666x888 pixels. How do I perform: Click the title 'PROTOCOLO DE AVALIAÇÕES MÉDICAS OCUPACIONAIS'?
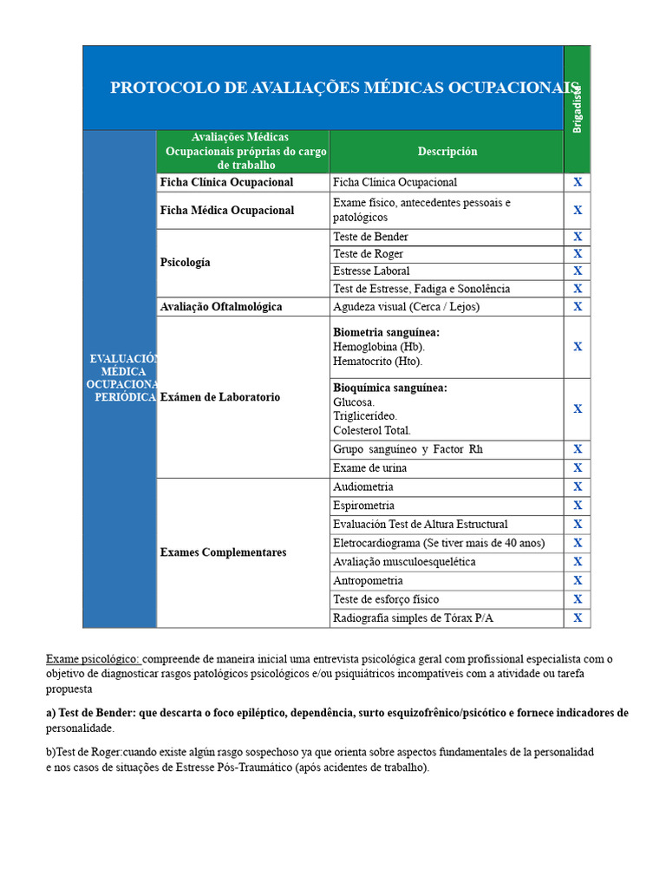[x=344, y=88]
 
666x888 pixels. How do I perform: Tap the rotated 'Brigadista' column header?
[x=577, y=108]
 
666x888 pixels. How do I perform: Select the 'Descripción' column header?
[x=447, y=152]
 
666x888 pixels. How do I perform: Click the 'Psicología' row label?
[x=186, y=263]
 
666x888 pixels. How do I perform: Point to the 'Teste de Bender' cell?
[x=370, y=237]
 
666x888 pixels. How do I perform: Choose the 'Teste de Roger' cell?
[x=368, y=254]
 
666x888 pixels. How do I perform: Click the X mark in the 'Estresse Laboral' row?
[x=578, y=271]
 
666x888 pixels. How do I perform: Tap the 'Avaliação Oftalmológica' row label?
[x=221, y=307]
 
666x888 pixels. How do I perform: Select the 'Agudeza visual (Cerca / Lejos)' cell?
[x=406, y=307]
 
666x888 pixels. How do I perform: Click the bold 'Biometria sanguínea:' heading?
[x=386, y=332]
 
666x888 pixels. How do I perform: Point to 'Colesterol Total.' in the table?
[x=372, y=430]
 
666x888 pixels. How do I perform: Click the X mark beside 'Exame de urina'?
[x=578, y=468]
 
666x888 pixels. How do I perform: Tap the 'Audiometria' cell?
[x=362, y=487]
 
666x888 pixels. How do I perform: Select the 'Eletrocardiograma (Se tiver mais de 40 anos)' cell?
[x=439, y=544]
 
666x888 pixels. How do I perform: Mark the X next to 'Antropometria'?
[x=578, y=581]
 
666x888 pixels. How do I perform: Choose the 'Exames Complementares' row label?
[x=223, y=553]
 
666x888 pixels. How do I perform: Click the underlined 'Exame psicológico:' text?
[x=93, y=659]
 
